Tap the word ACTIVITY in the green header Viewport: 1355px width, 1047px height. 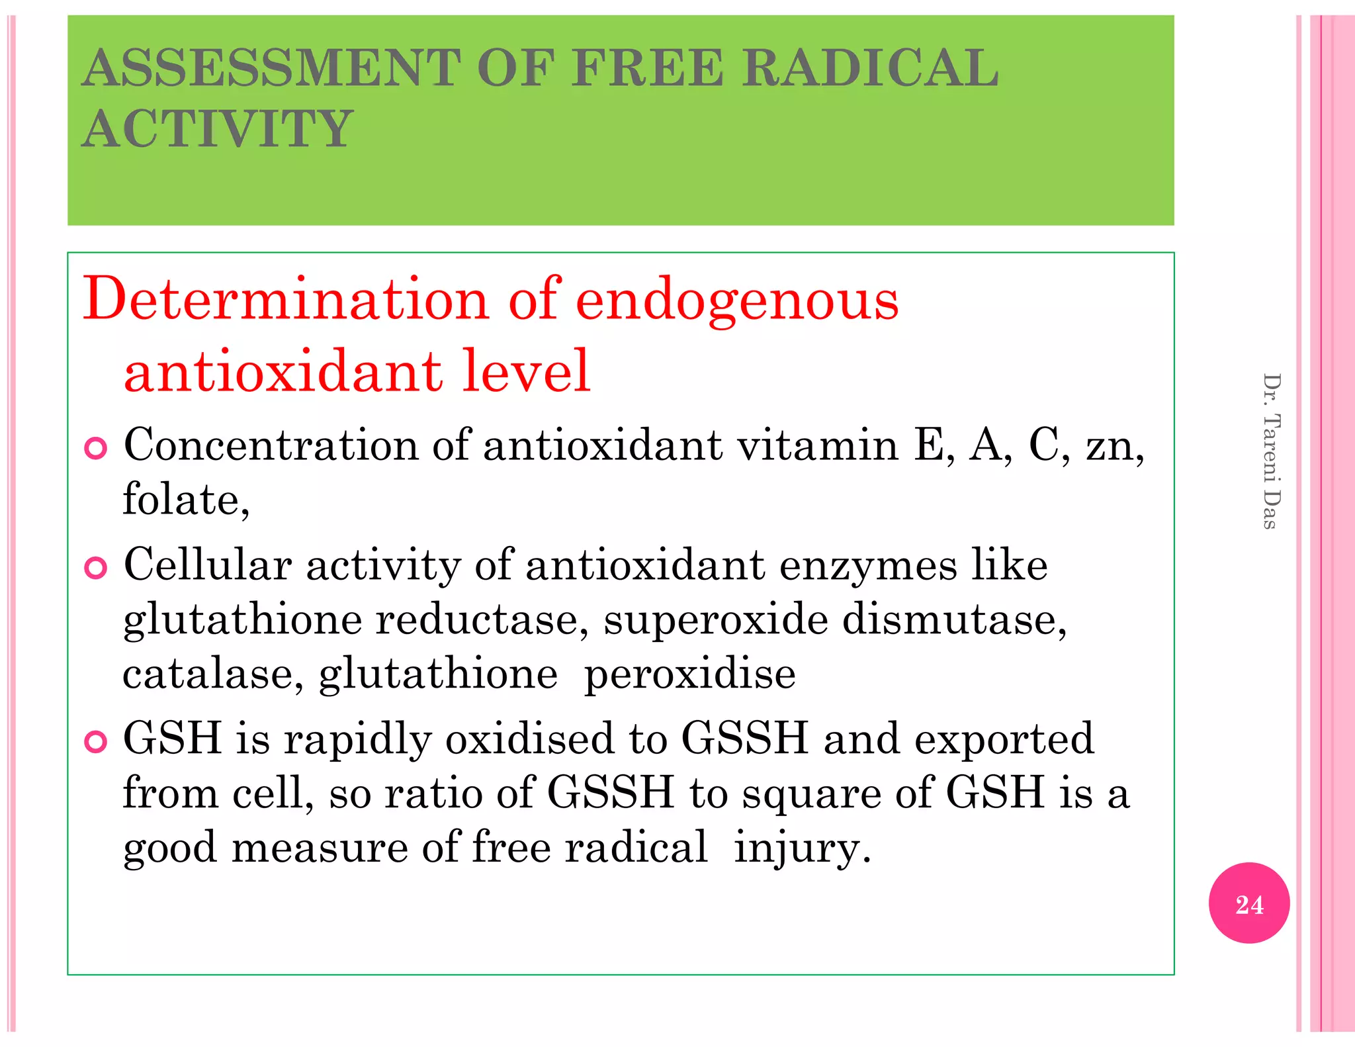coord(218,128)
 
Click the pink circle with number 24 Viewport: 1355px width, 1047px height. coord(1248,903)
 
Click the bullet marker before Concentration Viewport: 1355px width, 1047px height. coord(96,449)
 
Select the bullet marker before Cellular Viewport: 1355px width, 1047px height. coord(96,568)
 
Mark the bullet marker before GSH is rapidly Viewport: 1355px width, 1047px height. coord(96,742)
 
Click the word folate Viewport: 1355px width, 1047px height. coord(183,498)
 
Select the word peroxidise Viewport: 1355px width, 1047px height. coord(689,675)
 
